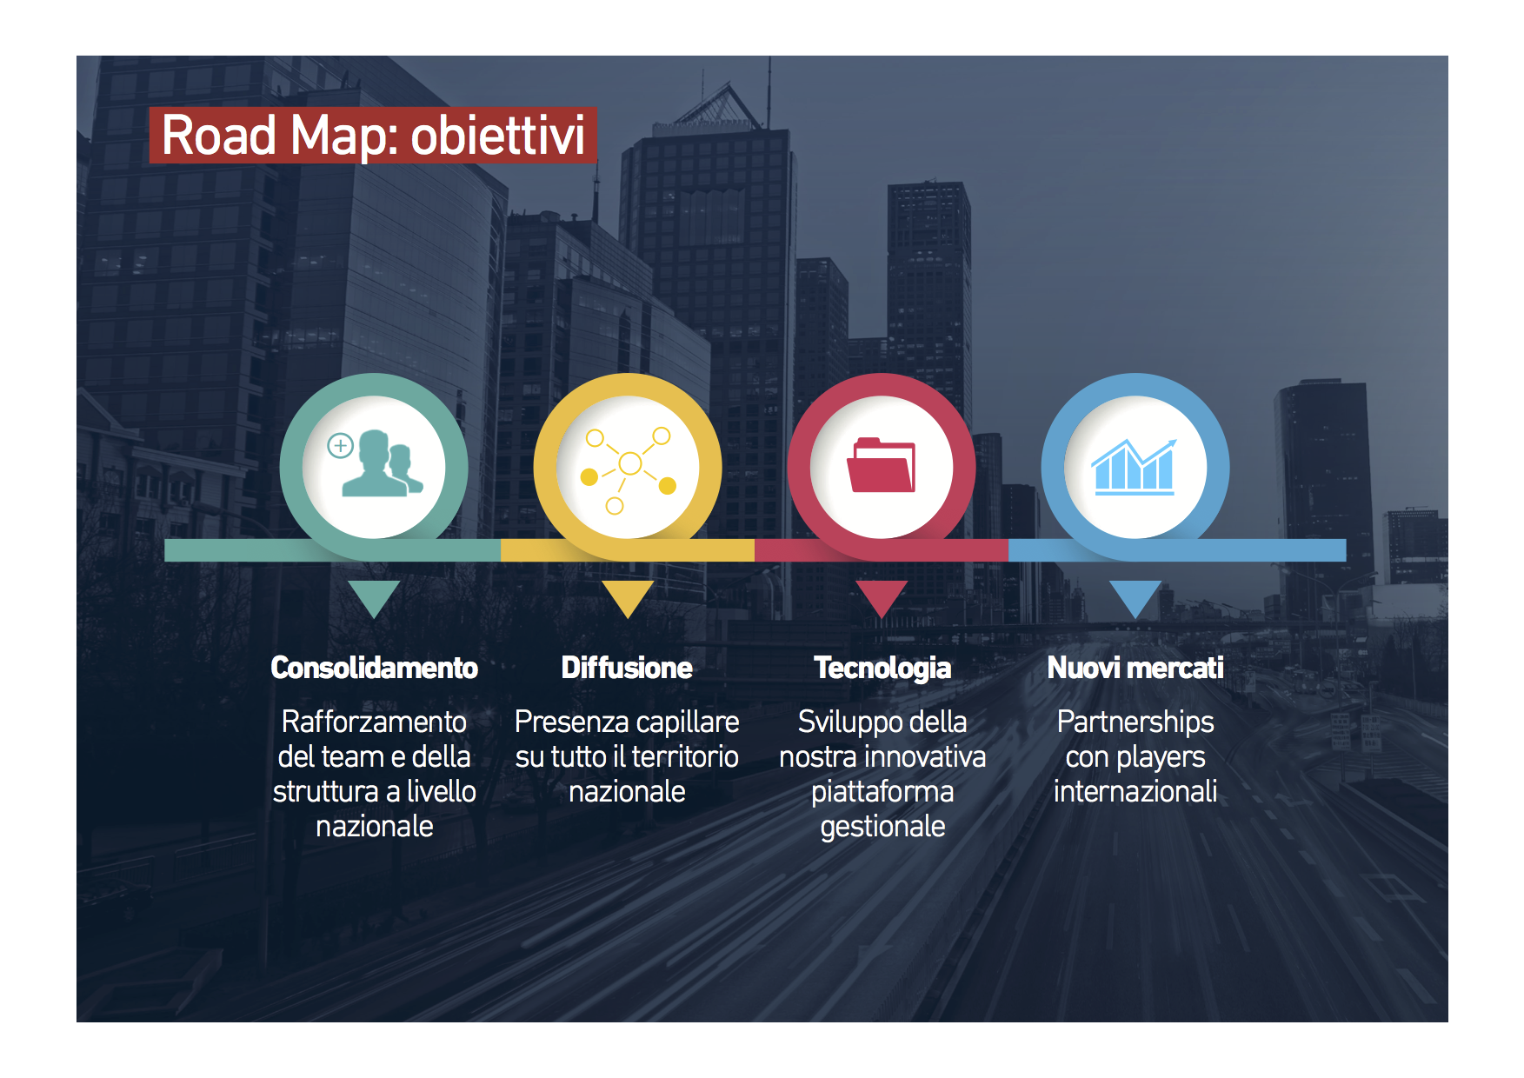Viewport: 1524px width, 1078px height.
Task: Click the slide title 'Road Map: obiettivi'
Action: point(373,136)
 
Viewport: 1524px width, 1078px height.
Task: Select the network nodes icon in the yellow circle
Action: point(629,469)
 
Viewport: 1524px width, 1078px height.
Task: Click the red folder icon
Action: point(882,465)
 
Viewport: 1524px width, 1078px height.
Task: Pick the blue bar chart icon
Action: point(1135,467)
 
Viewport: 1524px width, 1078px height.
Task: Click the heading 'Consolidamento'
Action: point(374,668)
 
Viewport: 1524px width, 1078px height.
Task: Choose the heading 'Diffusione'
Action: point(627,668)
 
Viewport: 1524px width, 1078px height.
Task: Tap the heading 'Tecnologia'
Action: point(882,669)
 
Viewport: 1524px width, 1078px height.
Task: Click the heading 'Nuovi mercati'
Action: point(1135,668)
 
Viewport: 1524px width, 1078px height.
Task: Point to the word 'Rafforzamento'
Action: point(374,722)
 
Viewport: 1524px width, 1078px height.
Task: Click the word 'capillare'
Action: point(688,722)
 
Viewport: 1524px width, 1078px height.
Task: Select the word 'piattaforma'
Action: point(882,792)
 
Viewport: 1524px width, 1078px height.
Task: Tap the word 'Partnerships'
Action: point(1135,722)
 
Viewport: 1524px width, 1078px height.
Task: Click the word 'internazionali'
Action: point(1135,791)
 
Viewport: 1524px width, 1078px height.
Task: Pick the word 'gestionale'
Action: point(882,827)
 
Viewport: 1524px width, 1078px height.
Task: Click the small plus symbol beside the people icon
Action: point(340,446)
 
